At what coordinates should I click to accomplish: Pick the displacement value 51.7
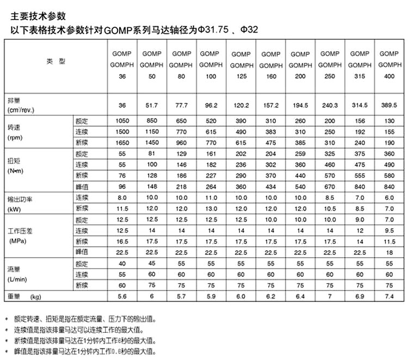point(152,105)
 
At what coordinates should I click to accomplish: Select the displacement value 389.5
point(389,105)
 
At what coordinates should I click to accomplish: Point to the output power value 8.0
point(122,197)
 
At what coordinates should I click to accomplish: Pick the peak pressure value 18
point(389,252)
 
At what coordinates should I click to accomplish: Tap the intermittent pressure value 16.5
point(122,241)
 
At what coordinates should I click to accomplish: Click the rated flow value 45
point(152,263)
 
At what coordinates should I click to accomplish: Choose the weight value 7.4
point(389,296)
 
